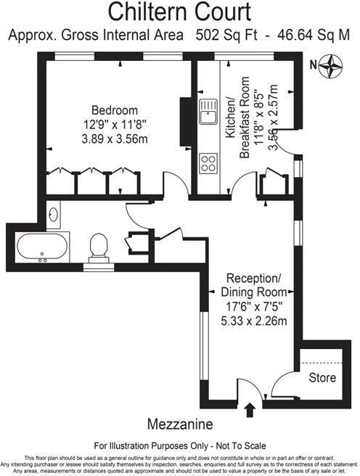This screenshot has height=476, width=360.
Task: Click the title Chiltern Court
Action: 180,12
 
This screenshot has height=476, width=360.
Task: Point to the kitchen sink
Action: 209,113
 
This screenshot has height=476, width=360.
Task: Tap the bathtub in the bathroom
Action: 40,249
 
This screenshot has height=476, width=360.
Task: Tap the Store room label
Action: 322,377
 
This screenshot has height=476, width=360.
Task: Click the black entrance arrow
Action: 251,410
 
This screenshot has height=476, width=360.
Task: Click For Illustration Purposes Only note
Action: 179,446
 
